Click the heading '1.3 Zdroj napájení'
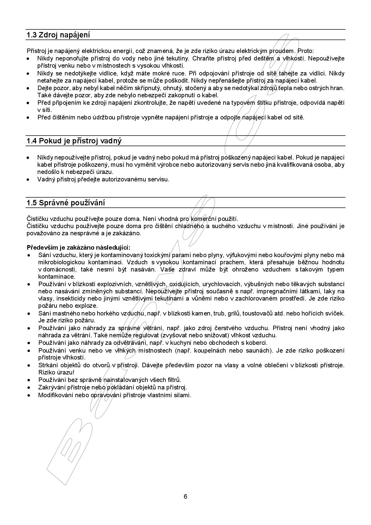[58, 35]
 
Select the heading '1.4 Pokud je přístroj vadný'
[74, 141]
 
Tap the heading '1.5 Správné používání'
[66, 203]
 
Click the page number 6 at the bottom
[185, 497]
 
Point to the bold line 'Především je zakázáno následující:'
[79, 248]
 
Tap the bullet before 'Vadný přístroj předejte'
[28, 180]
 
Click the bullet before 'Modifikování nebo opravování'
[28, 395]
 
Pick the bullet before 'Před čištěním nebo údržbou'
[28, 118]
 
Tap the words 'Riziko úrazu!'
[56, 373]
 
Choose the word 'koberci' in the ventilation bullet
[257, 343]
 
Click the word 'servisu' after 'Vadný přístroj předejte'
[160, 180]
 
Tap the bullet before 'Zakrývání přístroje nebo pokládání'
[28, 388]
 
